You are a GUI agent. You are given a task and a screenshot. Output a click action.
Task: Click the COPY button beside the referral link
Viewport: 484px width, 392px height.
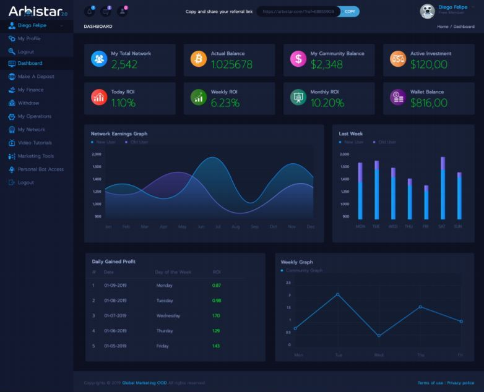point(350,11)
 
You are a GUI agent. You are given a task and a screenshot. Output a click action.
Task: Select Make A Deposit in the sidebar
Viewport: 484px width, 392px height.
point(36,77)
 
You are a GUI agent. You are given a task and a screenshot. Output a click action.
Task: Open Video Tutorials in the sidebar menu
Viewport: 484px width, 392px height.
point(35,143)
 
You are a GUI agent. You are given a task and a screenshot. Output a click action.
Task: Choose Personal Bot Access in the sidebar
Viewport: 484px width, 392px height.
point(40,169)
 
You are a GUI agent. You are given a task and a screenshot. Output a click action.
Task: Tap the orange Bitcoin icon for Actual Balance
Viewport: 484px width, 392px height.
point(199,59)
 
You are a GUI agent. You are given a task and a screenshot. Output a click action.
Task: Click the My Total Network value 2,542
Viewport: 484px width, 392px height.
point(124,64)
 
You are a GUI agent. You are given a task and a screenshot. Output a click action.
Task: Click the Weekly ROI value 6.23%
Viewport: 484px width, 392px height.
point(225,103)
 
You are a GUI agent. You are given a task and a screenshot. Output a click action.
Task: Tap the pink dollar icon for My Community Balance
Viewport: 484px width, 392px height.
point(298,59)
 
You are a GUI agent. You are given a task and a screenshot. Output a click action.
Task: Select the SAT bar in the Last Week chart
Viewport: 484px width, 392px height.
point(443,189)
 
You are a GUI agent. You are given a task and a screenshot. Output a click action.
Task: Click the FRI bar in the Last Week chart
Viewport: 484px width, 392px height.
point(426,202)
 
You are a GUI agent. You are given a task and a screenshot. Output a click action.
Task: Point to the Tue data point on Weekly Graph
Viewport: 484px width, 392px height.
point(337,294)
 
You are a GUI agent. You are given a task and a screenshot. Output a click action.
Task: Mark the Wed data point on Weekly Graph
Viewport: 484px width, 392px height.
point(379,336)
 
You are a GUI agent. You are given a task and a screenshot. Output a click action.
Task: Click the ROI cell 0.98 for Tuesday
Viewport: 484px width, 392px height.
point(217,300)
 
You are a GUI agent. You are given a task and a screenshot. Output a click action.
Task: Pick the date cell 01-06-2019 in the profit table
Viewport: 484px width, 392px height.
point(115,331)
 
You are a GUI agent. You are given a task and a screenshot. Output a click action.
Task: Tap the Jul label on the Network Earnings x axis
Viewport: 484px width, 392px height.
point(218,227)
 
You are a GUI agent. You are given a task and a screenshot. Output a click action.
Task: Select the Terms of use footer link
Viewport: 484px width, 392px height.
point(430,383)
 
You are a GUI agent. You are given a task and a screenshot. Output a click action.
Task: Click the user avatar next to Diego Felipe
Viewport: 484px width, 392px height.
point(427,11)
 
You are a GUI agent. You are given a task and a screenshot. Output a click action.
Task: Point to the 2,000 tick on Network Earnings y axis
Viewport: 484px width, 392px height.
point(97,154)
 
